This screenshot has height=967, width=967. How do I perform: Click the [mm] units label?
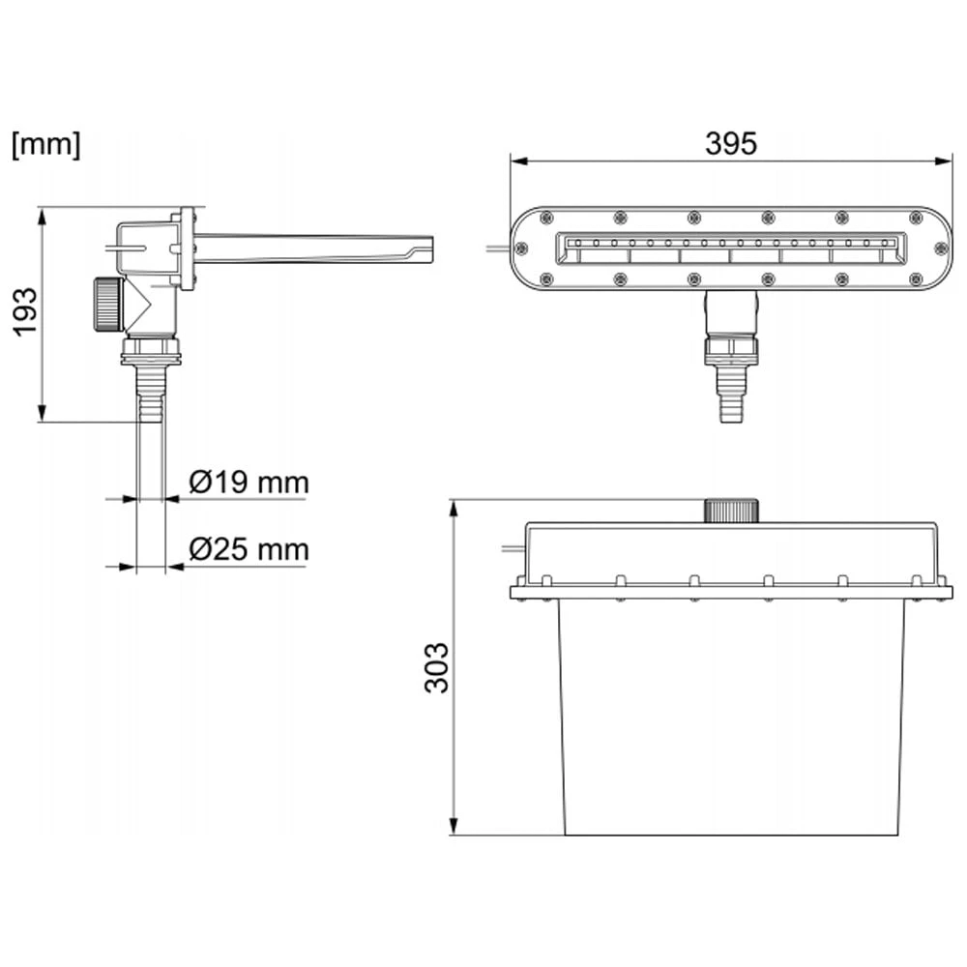pyautogui.click(x=45, y=145)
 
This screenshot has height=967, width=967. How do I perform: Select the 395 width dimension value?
pyautogui.click(x=730, y=143)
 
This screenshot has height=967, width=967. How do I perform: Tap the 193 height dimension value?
pyautogui.click(x=26, y=311)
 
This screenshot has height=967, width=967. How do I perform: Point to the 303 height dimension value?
pyautogui.click(x=437, y=667)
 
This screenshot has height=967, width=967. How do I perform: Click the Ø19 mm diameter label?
pyautogui.click(x=249, y=482)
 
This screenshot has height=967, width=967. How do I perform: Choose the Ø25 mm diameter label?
pyautogui.click(x=249, y=550)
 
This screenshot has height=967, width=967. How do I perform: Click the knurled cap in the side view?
pyautogui.click(x=106, y=304)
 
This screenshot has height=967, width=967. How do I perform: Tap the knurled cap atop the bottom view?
pyautogui.click(x=731, y=510)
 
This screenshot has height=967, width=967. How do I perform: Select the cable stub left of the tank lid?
pyautogui.click(x=510, y=548)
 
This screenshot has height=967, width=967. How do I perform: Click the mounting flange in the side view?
pyautogui.click(x=188, y=249)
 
